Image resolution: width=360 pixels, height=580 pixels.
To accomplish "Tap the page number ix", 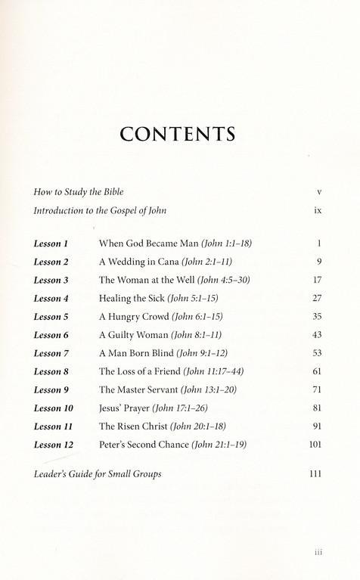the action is click(x=318, y=210).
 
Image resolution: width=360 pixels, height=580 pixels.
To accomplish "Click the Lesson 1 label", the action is click(x=51, y=243).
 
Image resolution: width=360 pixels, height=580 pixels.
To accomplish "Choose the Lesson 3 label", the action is click(x=51, y=280).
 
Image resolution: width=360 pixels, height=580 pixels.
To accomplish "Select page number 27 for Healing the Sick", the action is click(x=317, y=298).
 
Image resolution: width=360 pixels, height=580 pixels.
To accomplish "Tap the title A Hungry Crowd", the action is click(x=135, y=316).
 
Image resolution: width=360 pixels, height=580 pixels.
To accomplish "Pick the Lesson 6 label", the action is click(x=51, y=335).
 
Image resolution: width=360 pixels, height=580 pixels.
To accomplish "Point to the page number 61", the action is click(x=317, y=371).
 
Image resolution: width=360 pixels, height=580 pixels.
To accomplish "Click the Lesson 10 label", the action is click(x=54, y=408).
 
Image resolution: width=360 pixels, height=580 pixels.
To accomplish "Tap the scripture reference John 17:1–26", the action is click(x=174, y=408).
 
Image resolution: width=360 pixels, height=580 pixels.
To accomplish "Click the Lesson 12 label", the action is click(x=54, y=445).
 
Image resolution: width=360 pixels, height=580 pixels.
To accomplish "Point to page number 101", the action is click(x=315, y=445).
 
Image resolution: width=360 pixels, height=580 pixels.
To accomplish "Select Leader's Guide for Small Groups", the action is click(x=98, y=474).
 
